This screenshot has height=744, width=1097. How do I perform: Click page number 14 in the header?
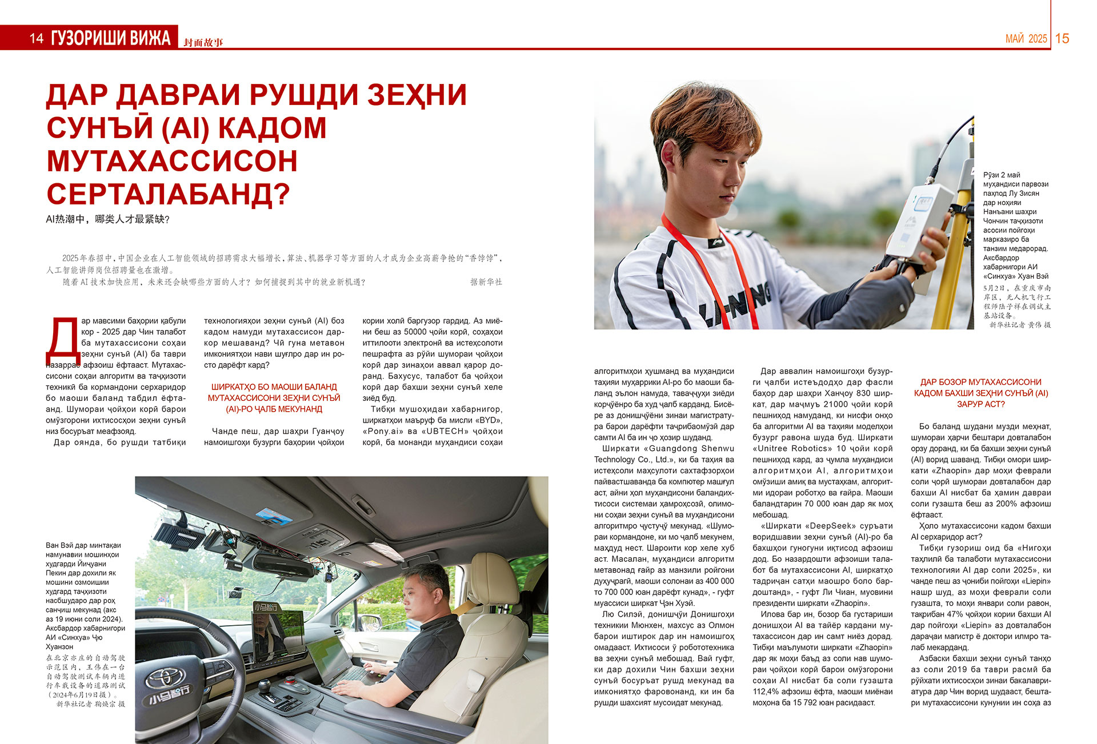tap(37, 38)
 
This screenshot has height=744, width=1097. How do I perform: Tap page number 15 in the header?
tap(1062, 38)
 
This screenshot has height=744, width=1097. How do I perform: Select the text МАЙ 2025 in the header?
tap(1026, 39)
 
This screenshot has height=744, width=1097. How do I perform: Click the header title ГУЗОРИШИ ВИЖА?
tap(111, 38)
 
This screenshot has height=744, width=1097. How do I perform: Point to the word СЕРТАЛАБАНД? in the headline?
tap(169, 194)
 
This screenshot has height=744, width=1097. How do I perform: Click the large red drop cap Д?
tap(62, 343)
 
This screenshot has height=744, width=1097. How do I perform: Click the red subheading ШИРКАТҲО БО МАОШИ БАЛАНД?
tap(274, 387)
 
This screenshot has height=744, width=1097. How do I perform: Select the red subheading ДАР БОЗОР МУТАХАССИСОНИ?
tap(980, 382)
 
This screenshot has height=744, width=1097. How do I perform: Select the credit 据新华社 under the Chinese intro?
tap(486, 282)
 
